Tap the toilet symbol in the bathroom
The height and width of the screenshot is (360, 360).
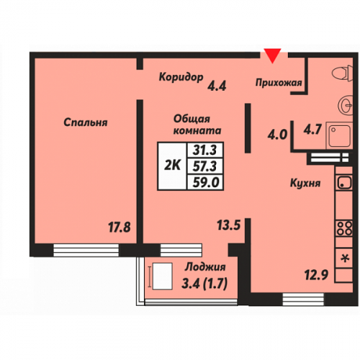(343, 73)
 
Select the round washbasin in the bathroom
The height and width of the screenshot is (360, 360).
(346, 105)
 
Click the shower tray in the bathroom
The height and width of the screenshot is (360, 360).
(339, 136)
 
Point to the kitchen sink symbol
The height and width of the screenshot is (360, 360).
(344, 183)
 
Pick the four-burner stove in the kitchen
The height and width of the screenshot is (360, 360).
(344, 228)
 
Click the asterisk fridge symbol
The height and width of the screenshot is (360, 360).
(345, 258)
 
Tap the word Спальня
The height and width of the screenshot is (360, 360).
(86, 122)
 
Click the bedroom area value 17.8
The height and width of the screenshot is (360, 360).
(120, 227)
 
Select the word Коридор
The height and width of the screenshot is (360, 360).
(181, 77)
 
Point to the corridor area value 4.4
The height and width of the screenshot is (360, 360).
(217, 86)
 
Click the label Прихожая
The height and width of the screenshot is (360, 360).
(279, 83)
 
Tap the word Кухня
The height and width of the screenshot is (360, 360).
(305, 183)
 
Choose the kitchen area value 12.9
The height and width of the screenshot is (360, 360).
(316, 275)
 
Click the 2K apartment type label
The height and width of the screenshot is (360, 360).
(172, 165)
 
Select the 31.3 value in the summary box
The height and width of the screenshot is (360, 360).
(204, 150)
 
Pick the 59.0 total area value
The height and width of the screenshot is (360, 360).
(206, 182)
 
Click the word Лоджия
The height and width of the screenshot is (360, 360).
(205, 267)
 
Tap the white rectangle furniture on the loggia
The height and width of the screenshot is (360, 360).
(163, 276)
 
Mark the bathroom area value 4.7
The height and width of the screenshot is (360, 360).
(312, 130)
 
